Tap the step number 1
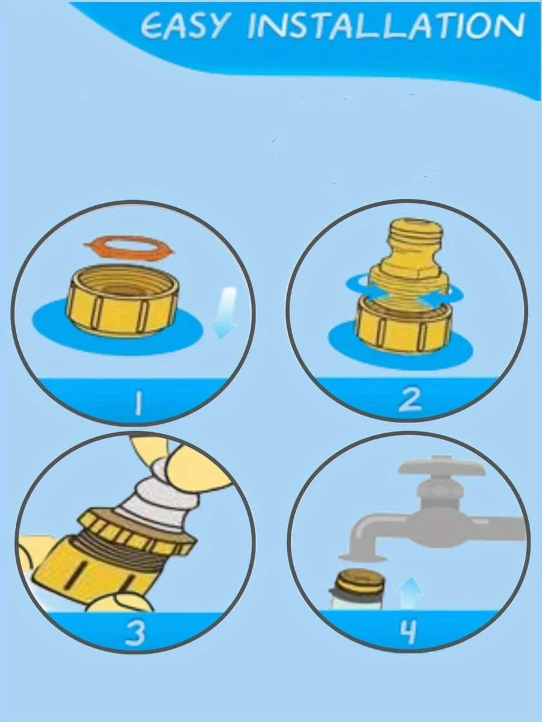137,401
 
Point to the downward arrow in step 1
225,313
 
